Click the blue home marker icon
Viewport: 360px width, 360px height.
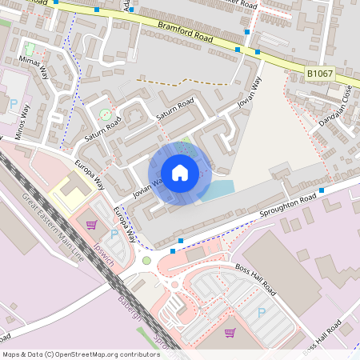pyautogui.click(x=180, y=172)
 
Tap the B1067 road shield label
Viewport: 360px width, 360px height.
pyautogui.click(x=320, y=74)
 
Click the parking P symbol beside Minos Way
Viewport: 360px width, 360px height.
pyautogui.click(x=14, y=103)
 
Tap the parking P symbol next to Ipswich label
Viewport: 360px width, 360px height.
pyautogui.click(x=113, y=234)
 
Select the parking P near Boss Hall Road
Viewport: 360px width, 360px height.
pyautogui.click(x=261, y=312)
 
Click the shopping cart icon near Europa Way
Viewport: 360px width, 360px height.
pyautogui.click(x=91, y=225)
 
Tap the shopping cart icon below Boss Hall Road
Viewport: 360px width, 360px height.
pyautogui.click(x=230, y=332)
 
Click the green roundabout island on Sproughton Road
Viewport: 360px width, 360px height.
pyautogui.click(x=146, y=261)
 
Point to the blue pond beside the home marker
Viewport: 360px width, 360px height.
pyautogui.click(x=218, y=189)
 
